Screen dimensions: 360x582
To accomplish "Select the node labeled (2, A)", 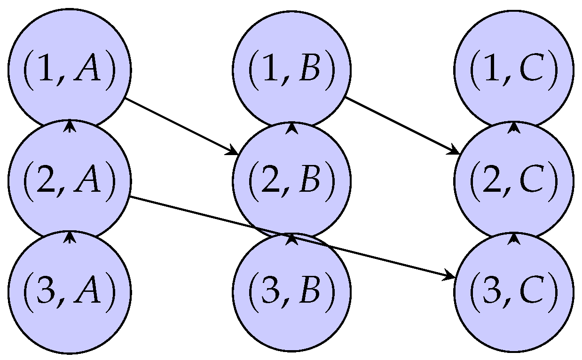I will (x=70, y=180).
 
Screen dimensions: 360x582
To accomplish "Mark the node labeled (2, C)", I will (x=514, y=180).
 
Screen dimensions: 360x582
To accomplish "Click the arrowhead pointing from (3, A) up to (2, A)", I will (x=70, y=236).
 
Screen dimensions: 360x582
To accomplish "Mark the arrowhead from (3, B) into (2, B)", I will (x=291, y=238).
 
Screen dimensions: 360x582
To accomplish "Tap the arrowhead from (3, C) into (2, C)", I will (x=514, y=238).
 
